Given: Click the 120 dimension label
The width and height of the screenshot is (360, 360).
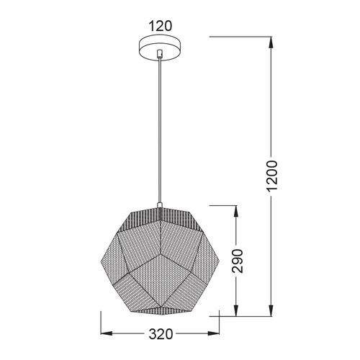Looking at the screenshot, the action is tap(161, 26).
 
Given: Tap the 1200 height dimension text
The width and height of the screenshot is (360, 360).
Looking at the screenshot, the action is tap(272, 176).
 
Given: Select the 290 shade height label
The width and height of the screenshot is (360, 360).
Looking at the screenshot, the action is tap(238, 261).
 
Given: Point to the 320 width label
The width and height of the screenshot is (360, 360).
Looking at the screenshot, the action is tap(161, 334).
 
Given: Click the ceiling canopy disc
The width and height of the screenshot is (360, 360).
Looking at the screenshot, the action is tap(161, 48).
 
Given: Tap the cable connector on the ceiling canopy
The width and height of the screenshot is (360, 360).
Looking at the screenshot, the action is tap(160, 53).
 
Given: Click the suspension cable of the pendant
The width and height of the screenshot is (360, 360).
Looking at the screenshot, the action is tap(160, 131).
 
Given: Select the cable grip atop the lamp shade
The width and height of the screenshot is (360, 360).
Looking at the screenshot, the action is tap(160, 205).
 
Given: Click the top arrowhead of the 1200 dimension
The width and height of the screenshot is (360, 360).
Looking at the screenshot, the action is tap(271, 42).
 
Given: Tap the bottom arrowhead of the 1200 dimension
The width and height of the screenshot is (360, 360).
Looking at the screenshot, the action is tap(271, 310).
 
